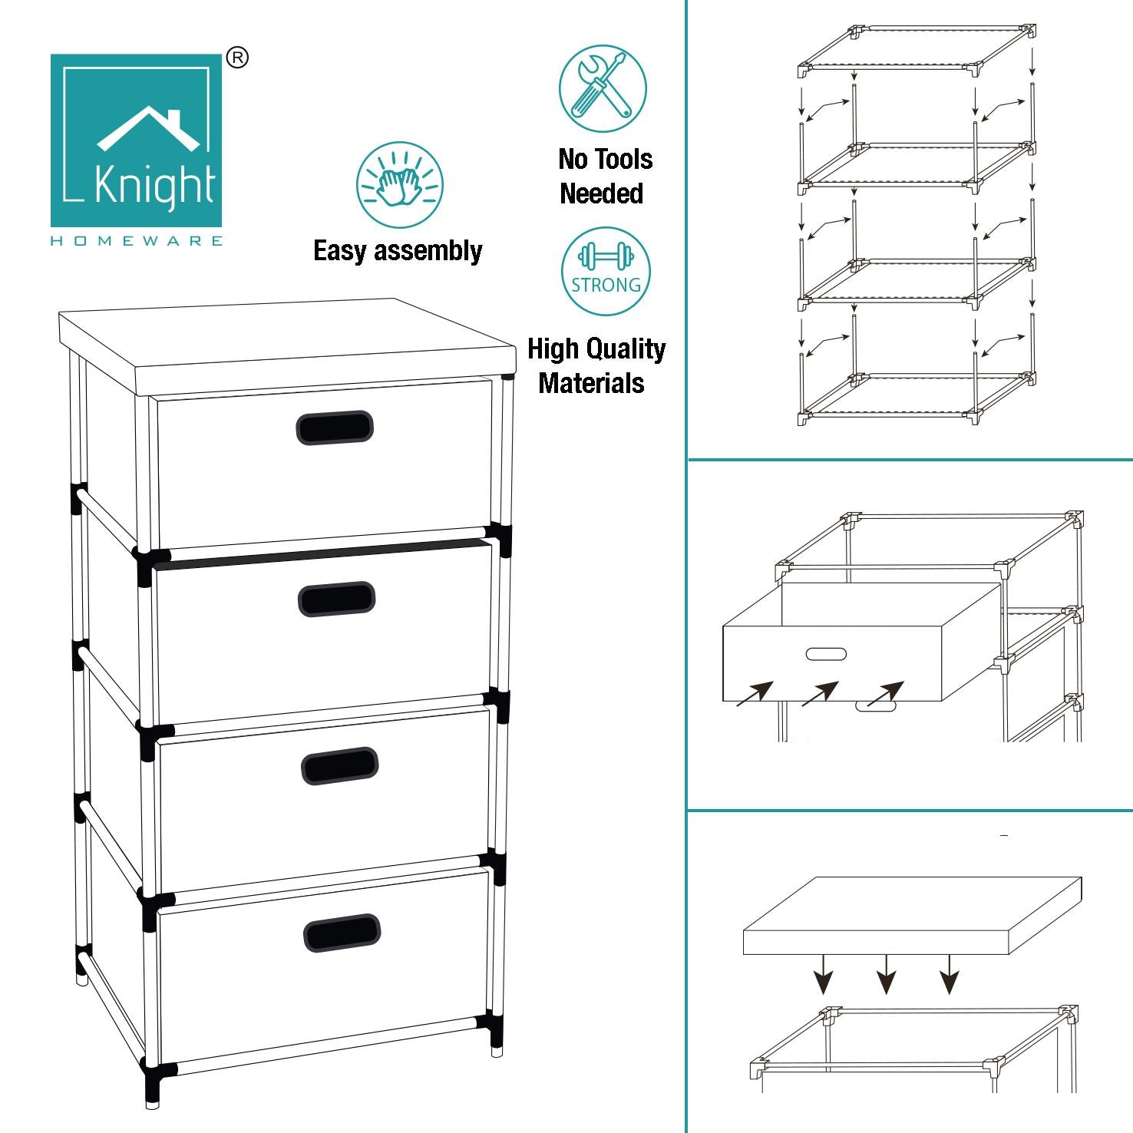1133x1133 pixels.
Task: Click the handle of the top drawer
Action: [335, 428]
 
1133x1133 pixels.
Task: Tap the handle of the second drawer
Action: [337, 600]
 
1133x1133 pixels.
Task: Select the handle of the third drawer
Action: [340, 766]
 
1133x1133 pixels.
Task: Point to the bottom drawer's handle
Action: [342, 933]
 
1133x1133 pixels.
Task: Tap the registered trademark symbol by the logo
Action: [238, 58]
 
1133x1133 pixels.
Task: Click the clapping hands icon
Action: [399, 185]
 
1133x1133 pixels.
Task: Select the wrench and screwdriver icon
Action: [603, 88]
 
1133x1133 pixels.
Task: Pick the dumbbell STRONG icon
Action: [606, 271]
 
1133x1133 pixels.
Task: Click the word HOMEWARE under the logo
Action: [137, 241]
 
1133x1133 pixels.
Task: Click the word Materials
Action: [591, 382]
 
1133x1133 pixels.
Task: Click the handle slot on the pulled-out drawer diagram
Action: [826, 654]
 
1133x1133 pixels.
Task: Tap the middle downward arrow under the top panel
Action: [887, 974]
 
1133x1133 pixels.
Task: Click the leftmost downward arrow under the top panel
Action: [824, 974]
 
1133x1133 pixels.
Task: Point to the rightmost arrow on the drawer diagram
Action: [886, 693]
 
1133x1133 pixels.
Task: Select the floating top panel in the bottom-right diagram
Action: [912, 916]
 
